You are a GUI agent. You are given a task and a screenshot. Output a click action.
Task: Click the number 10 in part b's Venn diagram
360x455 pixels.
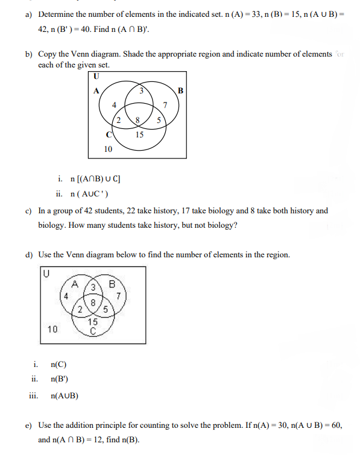tap(109, 148)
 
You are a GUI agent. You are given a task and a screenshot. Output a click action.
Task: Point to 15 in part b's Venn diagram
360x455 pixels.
tap(139, 134)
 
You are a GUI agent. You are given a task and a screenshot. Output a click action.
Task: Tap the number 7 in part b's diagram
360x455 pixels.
tap(165, 107)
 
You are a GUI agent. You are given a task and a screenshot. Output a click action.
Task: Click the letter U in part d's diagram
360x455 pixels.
tap(46, 273)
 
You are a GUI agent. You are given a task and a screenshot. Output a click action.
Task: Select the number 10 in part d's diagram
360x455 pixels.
tap(52, 328)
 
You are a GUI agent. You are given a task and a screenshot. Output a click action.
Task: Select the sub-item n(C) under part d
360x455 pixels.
tap(60, 364)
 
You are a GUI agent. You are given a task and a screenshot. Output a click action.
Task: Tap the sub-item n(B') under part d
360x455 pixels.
tap(60, 379)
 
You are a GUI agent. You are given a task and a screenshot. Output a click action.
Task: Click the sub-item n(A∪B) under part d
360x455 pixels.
tap(65, 395)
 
